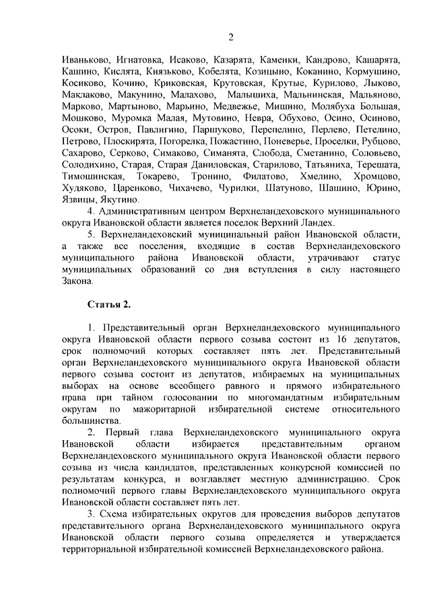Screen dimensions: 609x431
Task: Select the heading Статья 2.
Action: click(109, 306)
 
